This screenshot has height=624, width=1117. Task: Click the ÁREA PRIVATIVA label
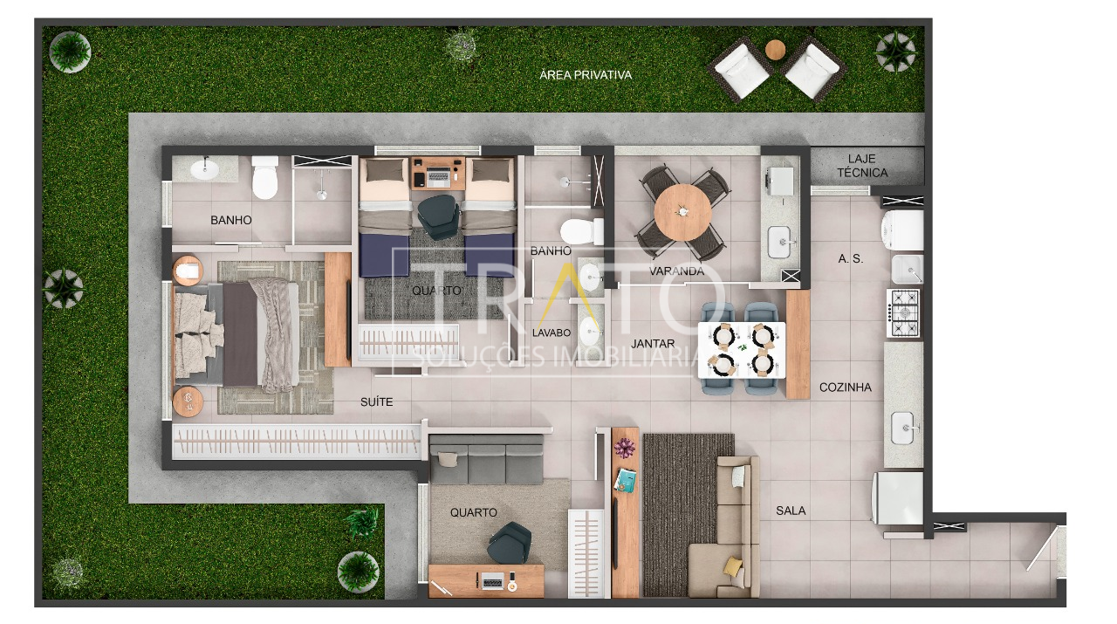pos(586,75)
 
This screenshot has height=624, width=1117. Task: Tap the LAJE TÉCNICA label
pos(862,166)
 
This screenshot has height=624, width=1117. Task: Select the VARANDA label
pos(676,271)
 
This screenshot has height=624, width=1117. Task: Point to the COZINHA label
pos(846,387)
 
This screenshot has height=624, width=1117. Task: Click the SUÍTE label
pos(376,401)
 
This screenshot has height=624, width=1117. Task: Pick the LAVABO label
pos(551,333)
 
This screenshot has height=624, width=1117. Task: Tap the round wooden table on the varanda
pos(682,212)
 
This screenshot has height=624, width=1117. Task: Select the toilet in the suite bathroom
pos(264,177)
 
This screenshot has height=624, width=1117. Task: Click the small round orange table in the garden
pos(775,50)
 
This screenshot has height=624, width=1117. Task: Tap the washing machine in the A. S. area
pos(902,230)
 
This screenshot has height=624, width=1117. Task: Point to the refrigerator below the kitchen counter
pos(898,497)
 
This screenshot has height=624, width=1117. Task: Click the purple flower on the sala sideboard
pos(624,448)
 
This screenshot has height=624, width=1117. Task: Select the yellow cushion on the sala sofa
pos(732,566)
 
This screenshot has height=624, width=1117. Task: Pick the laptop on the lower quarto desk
pos(491,580)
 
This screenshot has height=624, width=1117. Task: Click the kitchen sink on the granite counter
pos(903,428)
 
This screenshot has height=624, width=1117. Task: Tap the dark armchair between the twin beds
pos(438,216)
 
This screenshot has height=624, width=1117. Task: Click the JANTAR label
pos(653,344)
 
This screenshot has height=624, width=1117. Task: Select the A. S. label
pos(850,259)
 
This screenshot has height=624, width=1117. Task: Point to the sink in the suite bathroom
pos(205,168)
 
